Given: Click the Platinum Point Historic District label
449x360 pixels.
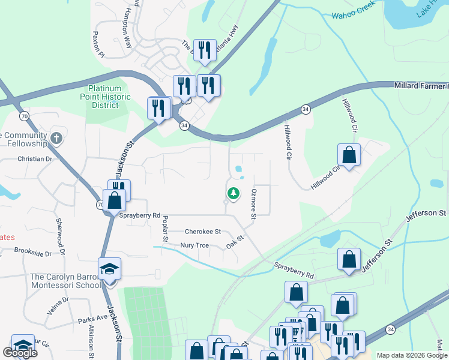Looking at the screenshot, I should pyautogui.click(x=106, y=97).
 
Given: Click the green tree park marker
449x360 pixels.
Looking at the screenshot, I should pyautogui.click(x=233, y=193).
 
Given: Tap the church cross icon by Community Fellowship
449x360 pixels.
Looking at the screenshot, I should pyautogui.click(x=56, y=138).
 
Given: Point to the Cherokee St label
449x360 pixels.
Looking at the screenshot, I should pyautogui.click(x=203, y=231).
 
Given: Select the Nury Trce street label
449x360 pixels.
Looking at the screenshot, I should pyautogui.click(x=194, y=245).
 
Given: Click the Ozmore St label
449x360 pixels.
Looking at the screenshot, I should pyautogui.click(x=254, y=203).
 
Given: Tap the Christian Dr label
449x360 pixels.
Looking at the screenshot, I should pyautogui.click(x=35, y=159).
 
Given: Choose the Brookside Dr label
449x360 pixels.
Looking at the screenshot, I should pyautogui.click(x=33, y=253).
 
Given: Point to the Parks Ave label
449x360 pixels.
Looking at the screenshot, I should pyautogui.click(x=92, y=320).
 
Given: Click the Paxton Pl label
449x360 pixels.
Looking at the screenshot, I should pyautogui.click(x=98, y=45).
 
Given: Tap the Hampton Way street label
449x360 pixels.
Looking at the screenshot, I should pyautogui.click(x=127, y=35).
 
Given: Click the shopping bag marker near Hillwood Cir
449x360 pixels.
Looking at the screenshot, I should pyautogui.click(x=349, y=155).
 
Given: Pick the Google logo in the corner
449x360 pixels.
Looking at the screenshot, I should pyautogui.click(x=20, y=353).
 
